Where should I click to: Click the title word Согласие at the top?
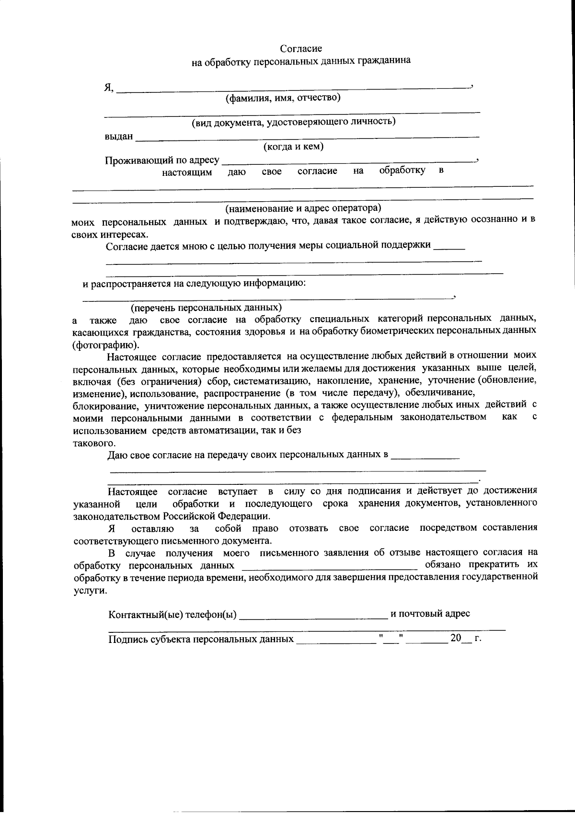[301, 48]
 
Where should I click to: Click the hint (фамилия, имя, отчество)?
[283, 98]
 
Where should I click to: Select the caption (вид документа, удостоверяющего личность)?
[293, 122]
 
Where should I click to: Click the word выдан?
[119, 137]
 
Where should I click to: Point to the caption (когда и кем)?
[293, 147]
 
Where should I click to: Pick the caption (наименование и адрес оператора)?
[303, 208]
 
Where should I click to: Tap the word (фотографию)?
[106, 344]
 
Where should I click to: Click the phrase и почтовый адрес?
[430, 614]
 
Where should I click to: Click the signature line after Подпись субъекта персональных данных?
[335, 640]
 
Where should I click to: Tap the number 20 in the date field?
[455, 639]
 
